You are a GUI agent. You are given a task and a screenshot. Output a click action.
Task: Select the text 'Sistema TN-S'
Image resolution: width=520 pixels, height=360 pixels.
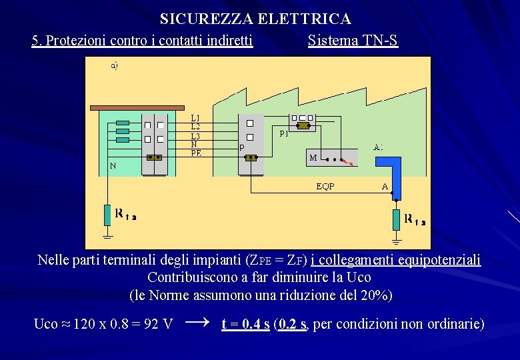[x=353, y=41]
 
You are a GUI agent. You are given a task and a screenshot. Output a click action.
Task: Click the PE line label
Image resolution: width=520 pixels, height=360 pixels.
[x=196, y=153]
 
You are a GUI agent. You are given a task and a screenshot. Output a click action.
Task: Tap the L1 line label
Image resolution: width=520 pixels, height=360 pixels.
[x=195, y=118]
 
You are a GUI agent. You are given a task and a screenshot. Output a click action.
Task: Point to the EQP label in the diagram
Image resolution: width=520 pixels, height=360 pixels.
[x=325, y=187]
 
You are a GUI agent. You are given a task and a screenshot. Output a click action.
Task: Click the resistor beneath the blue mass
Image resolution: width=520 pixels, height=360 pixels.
[x=396, y=219]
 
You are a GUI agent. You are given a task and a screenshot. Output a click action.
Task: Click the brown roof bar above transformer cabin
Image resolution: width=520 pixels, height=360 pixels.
[x=136, y=107]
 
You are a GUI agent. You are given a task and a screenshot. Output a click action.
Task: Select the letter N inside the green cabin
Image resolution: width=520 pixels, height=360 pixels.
[x=113, y=166]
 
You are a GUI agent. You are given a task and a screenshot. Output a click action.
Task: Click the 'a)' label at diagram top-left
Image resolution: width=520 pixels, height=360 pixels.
[x=114, y=65]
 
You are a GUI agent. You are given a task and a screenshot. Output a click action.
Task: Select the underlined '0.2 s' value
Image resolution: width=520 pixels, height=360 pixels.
[x=293, y=325]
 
